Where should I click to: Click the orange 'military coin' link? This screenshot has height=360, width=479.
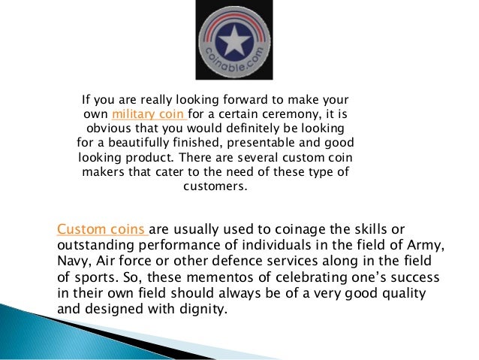click(148, 114)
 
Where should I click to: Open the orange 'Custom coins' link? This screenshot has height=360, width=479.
click(103, 228)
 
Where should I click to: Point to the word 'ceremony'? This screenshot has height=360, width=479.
click(286, 114)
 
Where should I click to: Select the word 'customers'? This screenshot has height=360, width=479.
click(215, 186)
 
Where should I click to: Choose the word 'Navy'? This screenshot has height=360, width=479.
click(73, 261)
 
